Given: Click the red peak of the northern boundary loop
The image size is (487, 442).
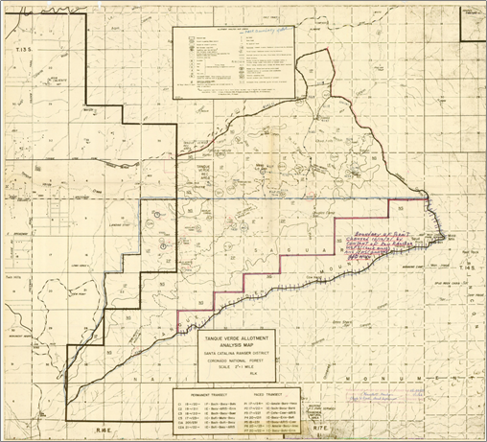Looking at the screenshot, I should [x=316, y=53].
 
